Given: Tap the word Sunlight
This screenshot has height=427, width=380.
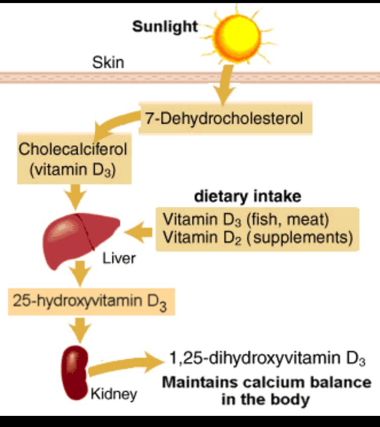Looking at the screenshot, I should pos(165,26).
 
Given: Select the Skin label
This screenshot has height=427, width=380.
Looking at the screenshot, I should pos(108,63).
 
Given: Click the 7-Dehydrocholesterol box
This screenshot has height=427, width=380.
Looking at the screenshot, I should pos(224,119).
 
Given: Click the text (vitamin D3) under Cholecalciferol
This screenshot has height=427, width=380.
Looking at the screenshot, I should pos(73,169).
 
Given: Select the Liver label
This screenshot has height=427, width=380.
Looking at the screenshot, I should pos(119,259).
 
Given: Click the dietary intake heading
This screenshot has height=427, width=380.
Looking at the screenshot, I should pos(248,196).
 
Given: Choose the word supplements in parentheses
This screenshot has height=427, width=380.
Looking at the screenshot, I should pos(302,237).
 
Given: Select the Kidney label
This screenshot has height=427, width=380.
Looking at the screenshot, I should pos(114,394).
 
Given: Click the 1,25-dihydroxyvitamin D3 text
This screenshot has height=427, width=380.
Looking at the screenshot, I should pos(267,359).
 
